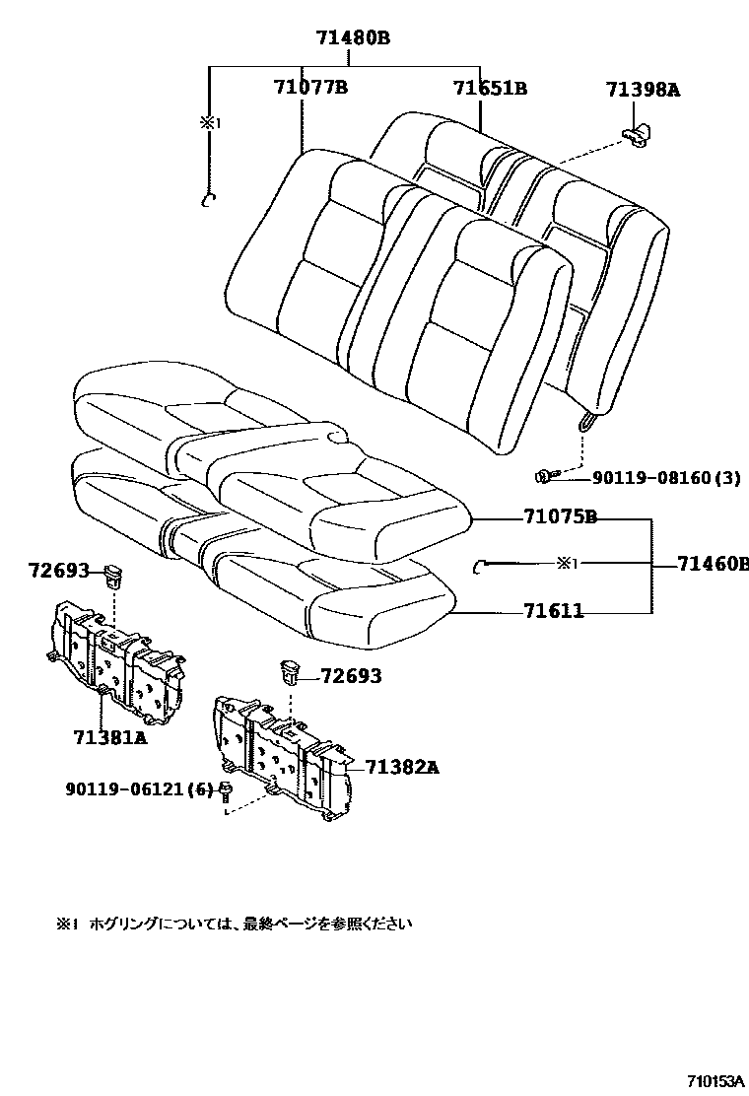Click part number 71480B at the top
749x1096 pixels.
point(353,38)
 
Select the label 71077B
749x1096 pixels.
point(309,88)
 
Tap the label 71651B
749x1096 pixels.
point(490,89)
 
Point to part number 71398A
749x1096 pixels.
point(643,91)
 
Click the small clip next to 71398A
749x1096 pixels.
point(640,134)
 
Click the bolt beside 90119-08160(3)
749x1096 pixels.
point(545,477)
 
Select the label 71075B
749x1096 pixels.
point(560,517)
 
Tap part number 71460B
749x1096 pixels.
point(713,564)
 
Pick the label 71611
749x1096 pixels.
point(553,612)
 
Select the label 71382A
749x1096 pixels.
point(402,767)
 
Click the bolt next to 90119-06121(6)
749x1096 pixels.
point(227,789)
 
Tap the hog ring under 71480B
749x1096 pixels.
point(208,201)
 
